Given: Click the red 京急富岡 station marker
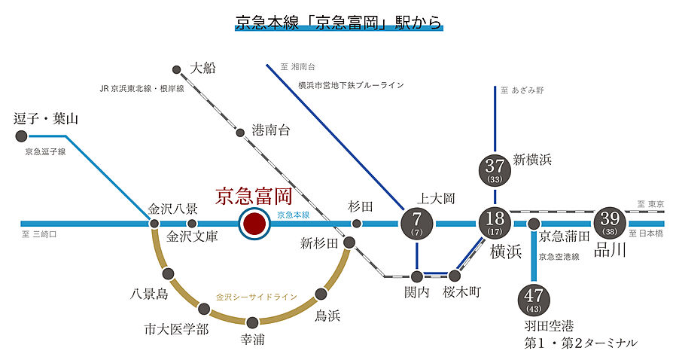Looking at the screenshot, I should pyautogui.click(x=254, y=224).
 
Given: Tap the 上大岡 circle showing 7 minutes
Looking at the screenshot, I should pyautogui.click(x=416, y=223).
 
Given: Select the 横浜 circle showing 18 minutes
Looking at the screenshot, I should pyautogui.click(x=495, y=223).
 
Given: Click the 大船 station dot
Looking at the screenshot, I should pyautogui.click(x=177, y=70).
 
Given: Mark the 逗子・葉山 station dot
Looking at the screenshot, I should pyautogui.click(x=21, y=136).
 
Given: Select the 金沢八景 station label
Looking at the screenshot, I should pyautogui.click(x=172, y=209).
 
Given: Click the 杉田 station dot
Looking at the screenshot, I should pyautogui.click(x=357, y=223).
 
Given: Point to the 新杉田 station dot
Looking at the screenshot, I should pyautogui.click(x=349, y=243).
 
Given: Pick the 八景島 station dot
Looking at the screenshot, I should pyautogui.click(x=168, y=274).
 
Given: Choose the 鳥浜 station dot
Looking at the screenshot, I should pyautogui.click(x=321, y=294).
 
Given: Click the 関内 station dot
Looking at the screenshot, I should pyautogui.click(x=416, y=276).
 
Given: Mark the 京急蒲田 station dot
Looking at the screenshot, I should pyautogui.click(x=534, y=224).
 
